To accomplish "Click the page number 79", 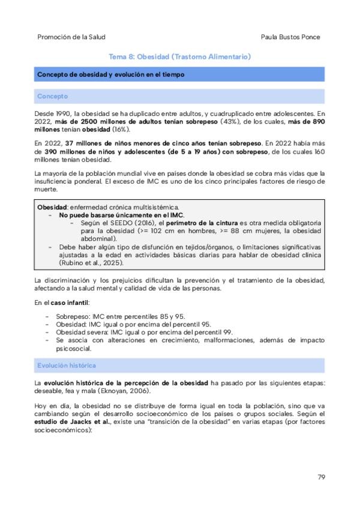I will pos(321,477).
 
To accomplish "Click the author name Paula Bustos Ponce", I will pos(290,37).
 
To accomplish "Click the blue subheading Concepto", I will pos(52,96).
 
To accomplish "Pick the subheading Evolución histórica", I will pos(67,365).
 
